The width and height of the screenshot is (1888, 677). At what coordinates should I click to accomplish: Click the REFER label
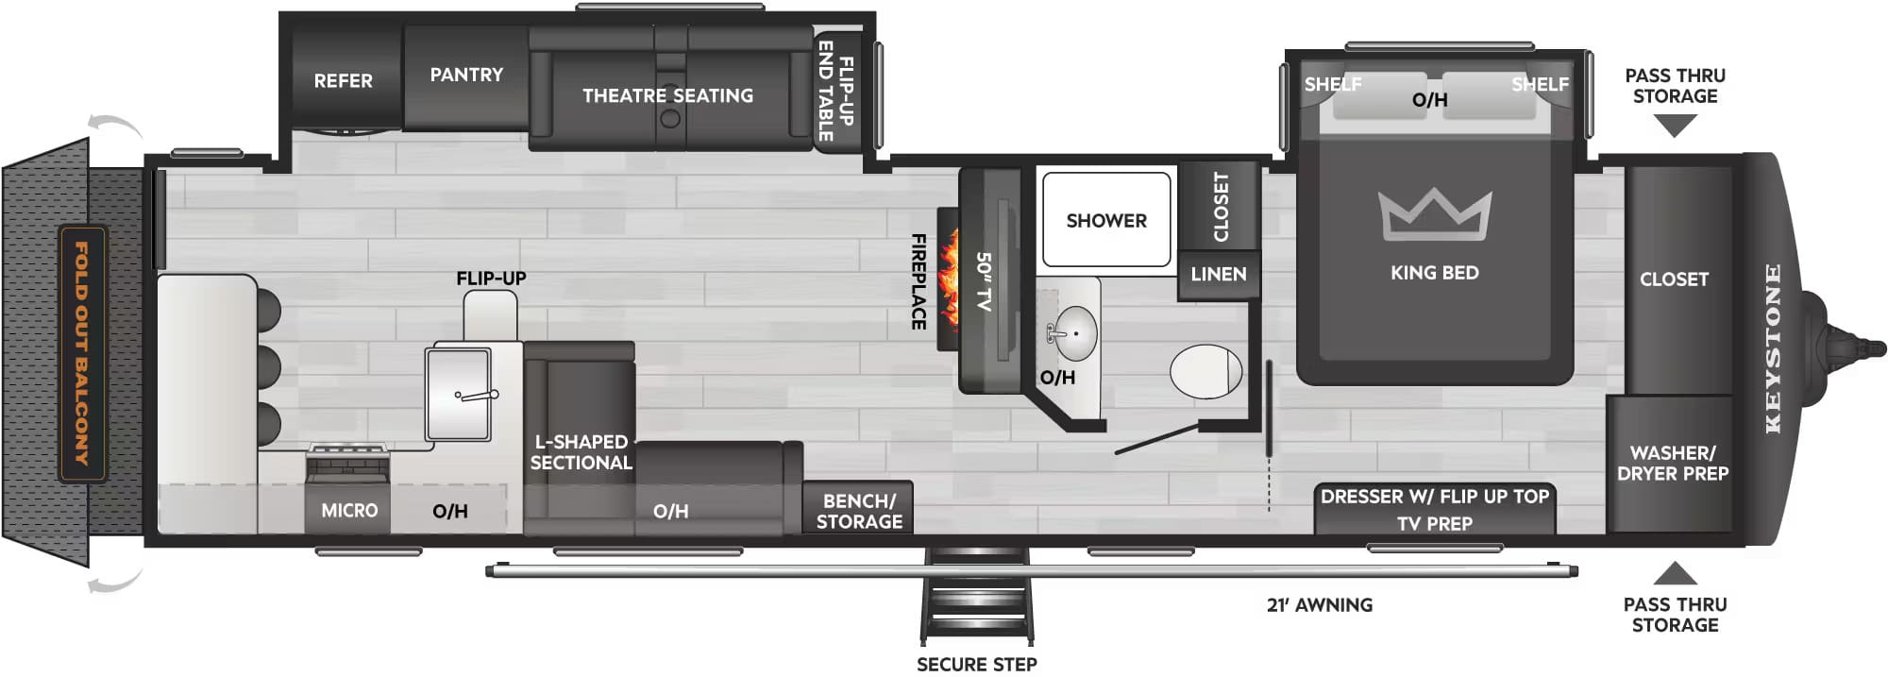(343, 81)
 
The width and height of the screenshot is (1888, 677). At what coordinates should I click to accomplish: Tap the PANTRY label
(466, 75)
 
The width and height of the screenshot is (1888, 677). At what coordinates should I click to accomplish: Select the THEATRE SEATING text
(667, 95)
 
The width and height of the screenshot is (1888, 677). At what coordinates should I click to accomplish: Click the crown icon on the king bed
(1434, 214)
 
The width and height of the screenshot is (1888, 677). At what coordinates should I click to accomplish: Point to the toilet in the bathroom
(1205, 371)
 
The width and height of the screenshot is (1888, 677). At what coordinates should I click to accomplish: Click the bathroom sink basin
(1074, 333)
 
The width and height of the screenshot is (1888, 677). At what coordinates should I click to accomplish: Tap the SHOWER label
(1106, 221)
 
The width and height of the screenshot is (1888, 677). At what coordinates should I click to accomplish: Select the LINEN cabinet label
(1218, 274)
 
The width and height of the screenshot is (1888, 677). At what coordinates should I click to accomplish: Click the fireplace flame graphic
(948, 280)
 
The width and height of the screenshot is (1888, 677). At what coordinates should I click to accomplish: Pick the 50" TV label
(984, 281)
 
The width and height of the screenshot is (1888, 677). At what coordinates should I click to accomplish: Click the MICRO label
(349, 511)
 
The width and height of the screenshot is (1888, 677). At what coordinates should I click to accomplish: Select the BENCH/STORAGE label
(859, 511)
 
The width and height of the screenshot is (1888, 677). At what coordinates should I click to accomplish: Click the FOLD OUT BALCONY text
(82, 354)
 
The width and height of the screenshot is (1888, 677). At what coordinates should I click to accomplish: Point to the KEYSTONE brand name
(1773, 348)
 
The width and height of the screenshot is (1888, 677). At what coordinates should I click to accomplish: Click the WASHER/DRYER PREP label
(1672, 464)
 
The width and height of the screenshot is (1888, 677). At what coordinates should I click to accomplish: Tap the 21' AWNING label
(1319, 605)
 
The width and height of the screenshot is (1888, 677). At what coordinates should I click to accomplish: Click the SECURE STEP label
(976, 665)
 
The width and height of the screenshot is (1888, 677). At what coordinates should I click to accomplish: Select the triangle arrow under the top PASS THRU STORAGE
(1675, 125)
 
